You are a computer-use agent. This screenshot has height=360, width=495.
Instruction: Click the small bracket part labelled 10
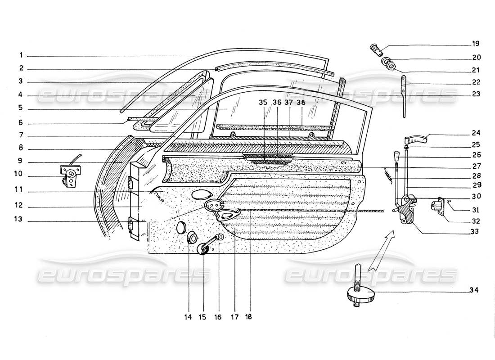point(69,173)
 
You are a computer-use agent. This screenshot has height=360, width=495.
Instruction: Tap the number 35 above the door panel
point(263,103)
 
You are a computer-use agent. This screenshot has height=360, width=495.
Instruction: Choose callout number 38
point(301,103)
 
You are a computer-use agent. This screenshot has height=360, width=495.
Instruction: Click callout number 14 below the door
point(188,317)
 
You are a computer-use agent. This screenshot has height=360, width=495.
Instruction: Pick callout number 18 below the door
point(248,317)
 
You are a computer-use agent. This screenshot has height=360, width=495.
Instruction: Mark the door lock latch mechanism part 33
point(407,211)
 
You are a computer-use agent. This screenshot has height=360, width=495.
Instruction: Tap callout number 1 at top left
point(21,56)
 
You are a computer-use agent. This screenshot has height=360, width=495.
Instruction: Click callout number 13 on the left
point(21,221)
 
